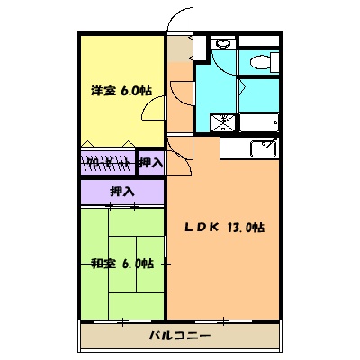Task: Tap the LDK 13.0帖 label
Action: [x=225, y=229]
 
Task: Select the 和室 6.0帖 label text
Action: [x=122, y=264]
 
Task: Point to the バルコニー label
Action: [x=179, y=336]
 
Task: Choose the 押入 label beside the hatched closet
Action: [x=150, y=163]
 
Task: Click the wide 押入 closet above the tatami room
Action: [x=122, y=192]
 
